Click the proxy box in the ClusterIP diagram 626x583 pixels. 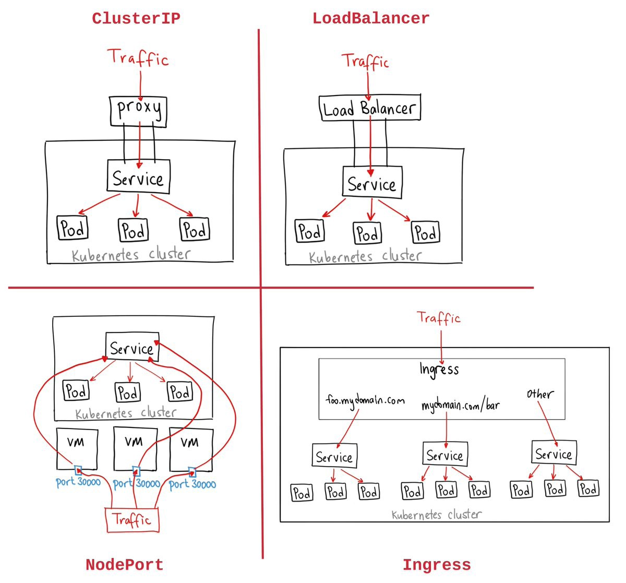click(x=138, y=111)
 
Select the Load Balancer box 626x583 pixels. click(x=369, y=109)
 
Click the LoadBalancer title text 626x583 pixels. click(x=370, y=19)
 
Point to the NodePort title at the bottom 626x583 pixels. click(x=124, y=565)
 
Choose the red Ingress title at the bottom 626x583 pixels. click(x=436, y=565)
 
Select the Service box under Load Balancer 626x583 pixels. click(x=372, y=183)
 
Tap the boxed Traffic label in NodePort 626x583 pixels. click(x=132, y=520)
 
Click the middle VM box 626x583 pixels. click(x=135, y=448)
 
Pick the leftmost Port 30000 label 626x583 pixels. click(x=78, y=482)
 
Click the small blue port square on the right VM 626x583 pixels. click(x=192, y=472)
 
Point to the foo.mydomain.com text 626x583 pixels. click(x=365, y=401)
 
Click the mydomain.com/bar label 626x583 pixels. click(x=460, y=405)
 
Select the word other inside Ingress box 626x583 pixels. click(x=539, y=394)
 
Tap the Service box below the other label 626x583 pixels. click(x=553, y=454)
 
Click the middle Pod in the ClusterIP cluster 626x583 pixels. click(x=134, y=230)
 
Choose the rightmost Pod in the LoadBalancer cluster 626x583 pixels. click(x=426, y=233)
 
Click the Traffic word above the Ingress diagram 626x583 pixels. click(x=439, y=318)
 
